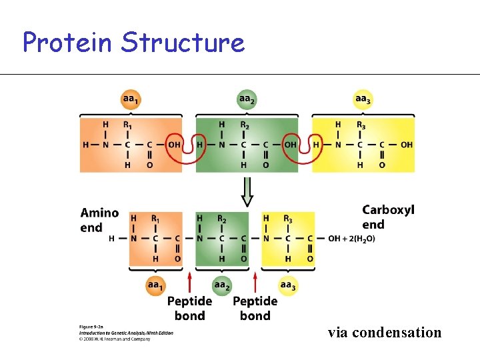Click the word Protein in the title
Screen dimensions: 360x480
(67, 43)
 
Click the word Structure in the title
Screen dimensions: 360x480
(183, 43)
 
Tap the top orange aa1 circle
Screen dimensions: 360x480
(131, 100)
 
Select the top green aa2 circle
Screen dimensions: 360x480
(247, 100)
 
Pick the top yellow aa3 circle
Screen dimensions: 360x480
(363, 100)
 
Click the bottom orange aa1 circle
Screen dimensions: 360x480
(155, 286)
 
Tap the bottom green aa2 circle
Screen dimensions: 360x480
(221, 286)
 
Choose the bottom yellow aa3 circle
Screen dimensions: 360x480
(288, 286)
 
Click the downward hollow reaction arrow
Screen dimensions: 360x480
(247, 191)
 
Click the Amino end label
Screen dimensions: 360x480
(100, 220)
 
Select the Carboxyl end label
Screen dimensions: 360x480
(388, 217)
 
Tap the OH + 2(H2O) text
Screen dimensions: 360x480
(351, 239)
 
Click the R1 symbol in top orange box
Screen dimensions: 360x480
(127, 125)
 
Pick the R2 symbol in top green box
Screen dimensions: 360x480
(244, 125)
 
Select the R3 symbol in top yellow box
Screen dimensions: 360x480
(361, 125)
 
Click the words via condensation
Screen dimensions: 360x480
(384, 332)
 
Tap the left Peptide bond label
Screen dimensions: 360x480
(189, 308)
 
